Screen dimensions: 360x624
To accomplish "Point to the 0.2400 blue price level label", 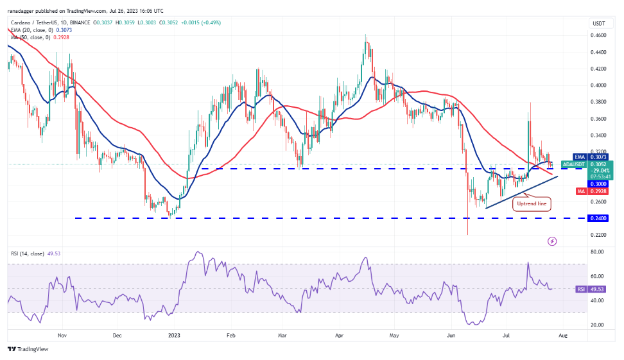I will (x=598, y=218).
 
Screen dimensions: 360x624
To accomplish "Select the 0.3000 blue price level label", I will (x=598, y=184).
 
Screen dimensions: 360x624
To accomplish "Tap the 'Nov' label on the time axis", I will (x=62, y=335).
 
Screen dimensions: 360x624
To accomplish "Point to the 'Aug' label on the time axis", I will (x=563, y=335).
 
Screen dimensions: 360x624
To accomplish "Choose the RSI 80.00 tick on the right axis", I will (x=598, y=252).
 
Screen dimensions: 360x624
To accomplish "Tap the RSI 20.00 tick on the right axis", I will (x=598, y=325).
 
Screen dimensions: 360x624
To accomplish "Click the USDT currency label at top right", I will (x=598, y=24).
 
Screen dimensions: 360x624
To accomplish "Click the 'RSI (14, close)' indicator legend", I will (x=26, y=254).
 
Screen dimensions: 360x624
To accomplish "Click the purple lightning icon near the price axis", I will (x=552, y=241).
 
